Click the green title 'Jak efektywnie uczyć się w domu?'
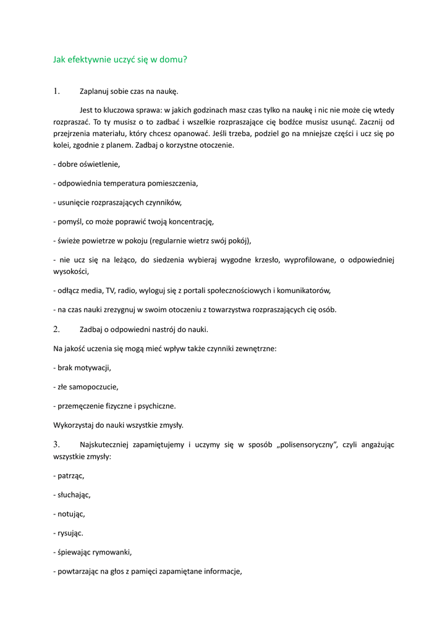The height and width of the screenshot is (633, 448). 120,60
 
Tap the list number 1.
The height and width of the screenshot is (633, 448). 56,91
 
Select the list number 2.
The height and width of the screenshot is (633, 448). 56,329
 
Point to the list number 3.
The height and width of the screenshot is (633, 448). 56,444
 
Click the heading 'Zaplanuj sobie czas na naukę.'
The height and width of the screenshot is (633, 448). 129,92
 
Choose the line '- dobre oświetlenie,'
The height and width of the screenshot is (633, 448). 87,164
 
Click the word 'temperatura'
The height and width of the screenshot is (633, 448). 124,184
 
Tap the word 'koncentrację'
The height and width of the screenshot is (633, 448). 190,221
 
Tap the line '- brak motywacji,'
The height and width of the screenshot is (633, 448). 82,368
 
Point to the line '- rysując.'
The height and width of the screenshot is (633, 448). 69,533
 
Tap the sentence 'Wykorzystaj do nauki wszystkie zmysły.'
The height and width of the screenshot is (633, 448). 119,425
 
